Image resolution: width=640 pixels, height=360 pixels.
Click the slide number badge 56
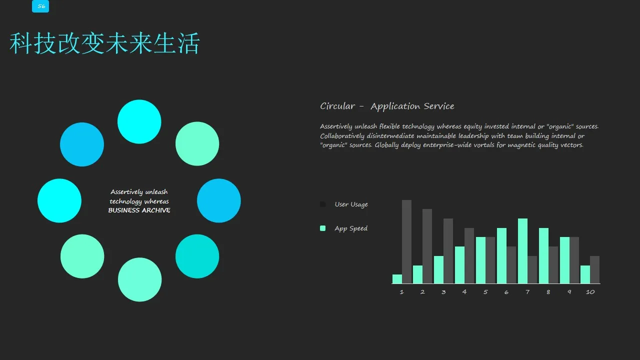40,6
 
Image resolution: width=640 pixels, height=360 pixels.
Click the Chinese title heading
104,43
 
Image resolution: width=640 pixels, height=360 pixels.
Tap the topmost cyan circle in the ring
139,121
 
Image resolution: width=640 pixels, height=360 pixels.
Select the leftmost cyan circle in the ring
59,200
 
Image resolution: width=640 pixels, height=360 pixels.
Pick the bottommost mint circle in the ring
139,279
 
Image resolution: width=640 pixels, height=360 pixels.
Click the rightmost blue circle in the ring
219,200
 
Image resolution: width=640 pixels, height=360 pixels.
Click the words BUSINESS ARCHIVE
139,210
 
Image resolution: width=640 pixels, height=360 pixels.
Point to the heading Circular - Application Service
387,106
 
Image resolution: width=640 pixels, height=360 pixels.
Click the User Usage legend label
351,204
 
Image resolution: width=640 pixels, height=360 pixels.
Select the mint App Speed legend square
322,228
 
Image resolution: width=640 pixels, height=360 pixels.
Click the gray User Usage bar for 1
407,241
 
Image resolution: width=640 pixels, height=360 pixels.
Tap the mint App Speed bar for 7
522,251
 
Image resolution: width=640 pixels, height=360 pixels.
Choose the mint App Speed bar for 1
397,279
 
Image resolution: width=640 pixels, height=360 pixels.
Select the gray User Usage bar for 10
595,269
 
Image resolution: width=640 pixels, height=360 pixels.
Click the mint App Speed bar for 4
459,265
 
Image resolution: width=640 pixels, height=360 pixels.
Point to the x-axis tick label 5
485,292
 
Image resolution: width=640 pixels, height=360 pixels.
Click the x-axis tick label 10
590,292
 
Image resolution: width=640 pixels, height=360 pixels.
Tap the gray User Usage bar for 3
448,251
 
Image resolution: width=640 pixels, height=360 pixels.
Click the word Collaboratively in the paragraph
342,136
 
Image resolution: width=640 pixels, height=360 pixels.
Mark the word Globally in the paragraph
386,145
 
